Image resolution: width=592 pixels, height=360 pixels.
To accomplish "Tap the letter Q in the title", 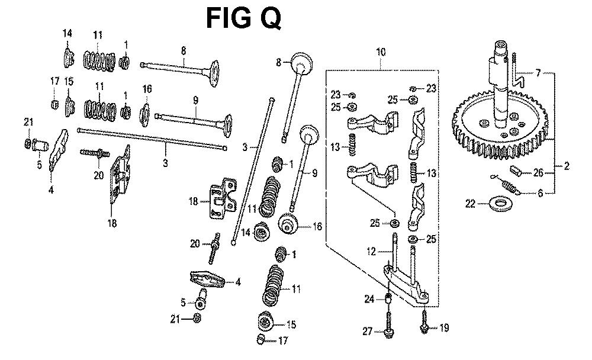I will pos(269,19).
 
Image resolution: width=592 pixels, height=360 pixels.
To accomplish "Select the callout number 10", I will pos(380,53).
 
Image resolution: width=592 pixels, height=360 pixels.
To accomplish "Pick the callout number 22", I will pos(470,204).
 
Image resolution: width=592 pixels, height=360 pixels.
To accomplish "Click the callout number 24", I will pos(369,299).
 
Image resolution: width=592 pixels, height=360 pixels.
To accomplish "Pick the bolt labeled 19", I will pos(426,324).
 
